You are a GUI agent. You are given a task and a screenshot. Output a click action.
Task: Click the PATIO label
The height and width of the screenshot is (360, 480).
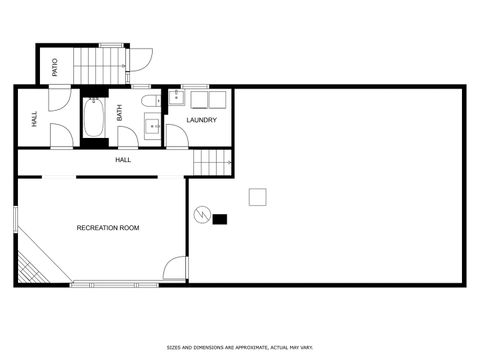pyautogui.click(x=55, y=66)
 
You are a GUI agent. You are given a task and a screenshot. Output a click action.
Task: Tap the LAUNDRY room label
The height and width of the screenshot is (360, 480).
pyautogui.click(x=202, y=120)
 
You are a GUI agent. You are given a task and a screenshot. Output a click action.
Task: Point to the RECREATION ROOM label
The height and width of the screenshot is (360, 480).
pyautogui.click(x=108, y=228)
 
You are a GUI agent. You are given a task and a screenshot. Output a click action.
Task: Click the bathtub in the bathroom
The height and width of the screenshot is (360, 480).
pyautogui.click(x=95, y=118)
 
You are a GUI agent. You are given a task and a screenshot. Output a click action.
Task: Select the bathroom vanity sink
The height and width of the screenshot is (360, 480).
pyautogui.click(x=153, y=125)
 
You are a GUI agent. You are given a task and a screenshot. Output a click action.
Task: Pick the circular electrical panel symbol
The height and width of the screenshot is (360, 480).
pyautogui.click(x=201, y=216)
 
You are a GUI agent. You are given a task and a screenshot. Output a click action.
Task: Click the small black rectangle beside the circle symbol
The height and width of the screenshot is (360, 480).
pyautogui.click(x=220, y=219)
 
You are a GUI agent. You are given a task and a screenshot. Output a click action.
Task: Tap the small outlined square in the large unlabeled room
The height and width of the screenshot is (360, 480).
pyautogui.click(x=258, y=197)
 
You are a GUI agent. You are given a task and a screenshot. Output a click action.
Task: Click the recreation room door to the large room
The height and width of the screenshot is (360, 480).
pyautogui.click(x=176, y=268)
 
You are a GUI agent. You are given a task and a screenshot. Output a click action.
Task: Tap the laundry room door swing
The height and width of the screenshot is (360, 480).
pyautogui.click(x=176, y=137)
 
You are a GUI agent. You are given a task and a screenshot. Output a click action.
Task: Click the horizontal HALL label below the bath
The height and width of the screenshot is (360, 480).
pyautogui.click(x=123, y=160)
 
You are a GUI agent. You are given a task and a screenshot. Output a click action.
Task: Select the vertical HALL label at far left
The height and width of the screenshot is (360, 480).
pyautogui.click(x=34, y=117)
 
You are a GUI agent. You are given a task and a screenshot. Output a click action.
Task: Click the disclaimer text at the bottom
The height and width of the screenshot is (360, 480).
pyautogui.click(x=240, y=348)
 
